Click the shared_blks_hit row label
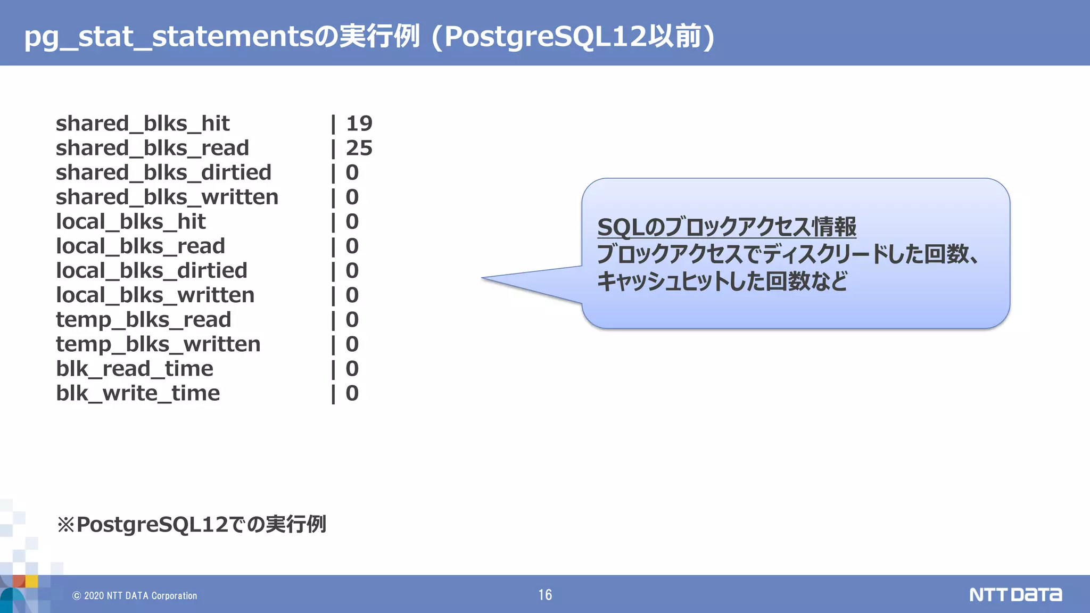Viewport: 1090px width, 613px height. point(143,123)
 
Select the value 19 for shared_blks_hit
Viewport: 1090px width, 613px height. point(359,123)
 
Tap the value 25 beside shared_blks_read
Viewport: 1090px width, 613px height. point(359,148)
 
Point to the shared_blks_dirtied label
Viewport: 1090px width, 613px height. point(163,172)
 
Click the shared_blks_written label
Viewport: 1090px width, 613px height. point(167,197)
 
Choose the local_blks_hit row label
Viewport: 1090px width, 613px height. point(130,222)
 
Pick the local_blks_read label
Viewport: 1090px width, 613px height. point(141,246)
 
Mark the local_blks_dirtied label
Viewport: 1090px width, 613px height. point(152,271)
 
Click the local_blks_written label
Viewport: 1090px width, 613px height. point(155,295)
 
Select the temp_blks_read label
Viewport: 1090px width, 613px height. point(144,320)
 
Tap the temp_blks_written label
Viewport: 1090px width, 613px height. point(158,344)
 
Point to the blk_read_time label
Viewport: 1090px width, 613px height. point(135,369)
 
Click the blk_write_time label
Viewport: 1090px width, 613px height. point(138,393)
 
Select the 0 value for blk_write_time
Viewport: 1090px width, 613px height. point(352,393)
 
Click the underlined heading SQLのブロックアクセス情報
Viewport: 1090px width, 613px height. point(726,227)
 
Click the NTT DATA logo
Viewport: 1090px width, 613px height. point(1015,594)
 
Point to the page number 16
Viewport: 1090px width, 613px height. point(545,595)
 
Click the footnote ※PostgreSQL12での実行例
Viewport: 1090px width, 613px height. point(192,525)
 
